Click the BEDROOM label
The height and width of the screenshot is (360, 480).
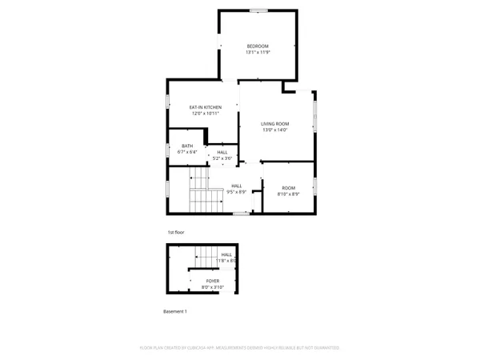coord(258,46)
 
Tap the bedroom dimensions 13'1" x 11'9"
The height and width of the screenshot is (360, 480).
coord(258,52)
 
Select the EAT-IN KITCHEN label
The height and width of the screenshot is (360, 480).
coord(205,107)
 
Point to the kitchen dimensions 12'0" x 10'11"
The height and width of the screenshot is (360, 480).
coord(205,114)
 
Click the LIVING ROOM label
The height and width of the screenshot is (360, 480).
coord(274,123)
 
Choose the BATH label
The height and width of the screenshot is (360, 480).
coord(187,146)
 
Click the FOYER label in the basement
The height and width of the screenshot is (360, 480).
coord(213,281)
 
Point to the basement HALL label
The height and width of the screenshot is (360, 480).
coord(226,255)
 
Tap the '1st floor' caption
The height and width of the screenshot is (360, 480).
coord(176,232)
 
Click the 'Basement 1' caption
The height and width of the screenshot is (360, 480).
coord(174,311)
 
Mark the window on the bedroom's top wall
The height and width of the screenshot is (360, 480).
coord(258,10)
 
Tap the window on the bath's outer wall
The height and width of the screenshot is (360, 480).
coord(167,150)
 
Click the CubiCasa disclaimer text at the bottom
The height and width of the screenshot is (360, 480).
coord(240,348)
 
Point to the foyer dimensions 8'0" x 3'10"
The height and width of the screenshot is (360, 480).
coord(213,287)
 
